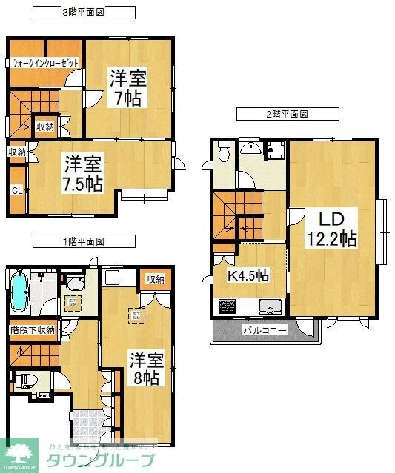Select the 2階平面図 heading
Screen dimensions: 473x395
(x=288, y=115)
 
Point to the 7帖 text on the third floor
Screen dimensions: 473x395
(x=127, y=98)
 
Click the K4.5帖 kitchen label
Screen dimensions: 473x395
(x=248, y=275)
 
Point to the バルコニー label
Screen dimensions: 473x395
(x=265, y=331)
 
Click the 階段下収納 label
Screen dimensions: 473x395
(x=32, y=330)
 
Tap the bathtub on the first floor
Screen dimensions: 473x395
(x=21, y=294)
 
